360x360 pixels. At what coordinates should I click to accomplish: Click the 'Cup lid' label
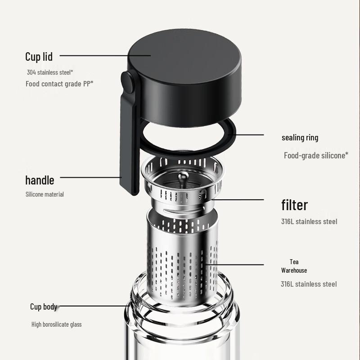(x=39, y=57)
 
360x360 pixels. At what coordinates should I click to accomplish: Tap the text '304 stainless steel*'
(x=49, y=72)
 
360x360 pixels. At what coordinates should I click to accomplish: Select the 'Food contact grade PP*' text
(x=59, y=84)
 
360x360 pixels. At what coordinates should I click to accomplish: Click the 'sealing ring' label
(x=300, y=138)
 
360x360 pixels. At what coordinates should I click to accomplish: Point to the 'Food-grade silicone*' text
(x=316, y=156)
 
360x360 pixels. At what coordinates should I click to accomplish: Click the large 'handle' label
(x=40, y=180)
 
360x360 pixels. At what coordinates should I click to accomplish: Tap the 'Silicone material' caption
(x=45, y=194)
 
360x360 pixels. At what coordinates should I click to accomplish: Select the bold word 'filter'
(x=295, y=205)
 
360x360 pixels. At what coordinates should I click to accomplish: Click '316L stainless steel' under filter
(x=309, y=221)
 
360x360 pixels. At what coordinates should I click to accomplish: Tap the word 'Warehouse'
(x=294, y=270)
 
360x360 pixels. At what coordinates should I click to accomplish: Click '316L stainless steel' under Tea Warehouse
(x=309, y=284)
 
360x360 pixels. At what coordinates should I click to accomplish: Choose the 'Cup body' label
(x=44, y=307)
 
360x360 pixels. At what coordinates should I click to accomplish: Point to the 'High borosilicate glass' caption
(x=57, y=324)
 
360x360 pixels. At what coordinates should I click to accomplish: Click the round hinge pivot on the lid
(x=128, y=83)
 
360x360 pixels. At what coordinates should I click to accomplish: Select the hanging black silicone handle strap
(x=129, y=148)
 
